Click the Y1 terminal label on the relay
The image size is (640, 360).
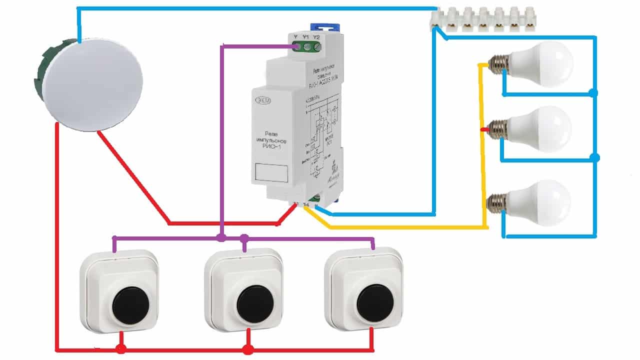[305, 36]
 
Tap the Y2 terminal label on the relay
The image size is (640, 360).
[316, 36]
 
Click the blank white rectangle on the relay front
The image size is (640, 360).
[271, 173]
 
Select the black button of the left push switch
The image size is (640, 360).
[126, 305]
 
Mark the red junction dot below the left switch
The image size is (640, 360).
[120, 348]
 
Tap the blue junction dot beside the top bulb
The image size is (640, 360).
[593, 93]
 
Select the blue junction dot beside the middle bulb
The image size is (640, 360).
[594, 158]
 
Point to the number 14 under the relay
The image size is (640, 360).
[306, 205]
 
